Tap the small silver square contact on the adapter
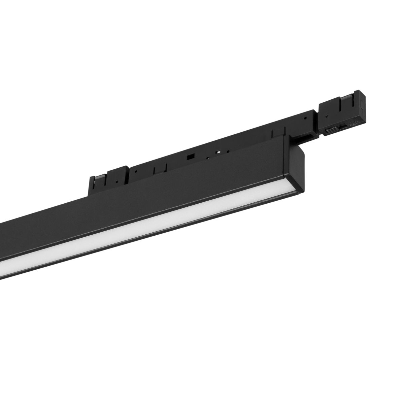tap(218, 152)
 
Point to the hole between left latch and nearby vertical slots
tap(136, 171)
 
